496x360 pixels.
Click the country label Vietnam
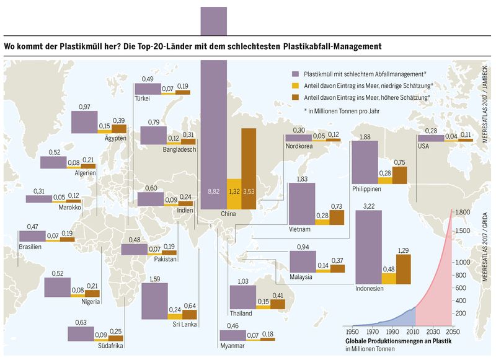coord(299,229)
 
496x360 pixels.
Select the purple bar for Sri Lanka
coord(154,300)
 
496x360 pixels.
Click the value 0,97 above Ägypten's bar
coord(85,107)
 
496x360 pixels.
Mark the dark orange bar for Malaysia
coord(337,269)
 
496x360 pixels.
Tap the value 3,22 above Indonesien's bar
coord(368,206)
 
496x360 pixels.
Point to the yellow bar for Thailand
coord(262,305)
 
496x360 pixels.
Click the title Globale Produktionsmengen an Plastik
coord(397,341)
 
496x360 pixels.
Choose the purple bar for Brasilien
coord(32,236)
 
